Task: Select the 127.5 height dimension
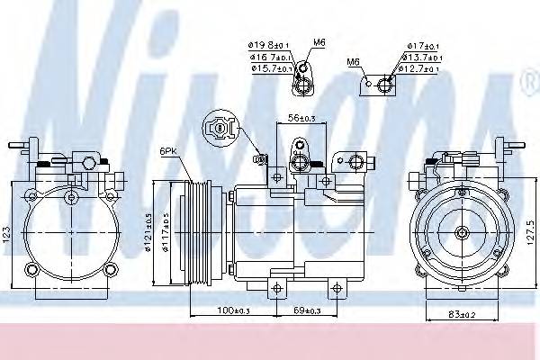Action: [529, 229]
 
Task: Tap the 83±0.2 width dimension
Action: [462, 313]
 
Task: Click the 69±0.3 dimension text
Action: [306, 310]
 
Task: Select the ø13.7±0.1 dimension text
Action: [422, 55]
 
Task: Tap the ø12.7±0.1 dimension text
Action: [422, 67]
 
